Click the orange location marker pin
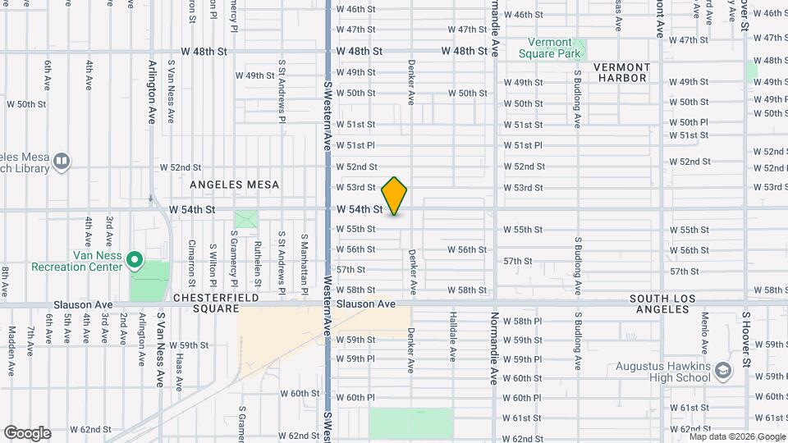pos(395,196)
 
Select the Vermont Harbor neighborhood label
pos(621,72)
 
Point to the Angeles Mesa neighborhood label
pos(236,185)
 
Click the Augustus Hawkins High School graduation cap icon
pos(722,370)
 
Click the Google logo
pos(27,433)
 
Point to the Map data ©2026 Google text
pos(737,436)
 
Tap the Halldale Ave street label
pos(452,336)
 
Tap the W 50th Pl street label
pos(688,122)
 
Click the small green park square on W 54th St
pos(245,220)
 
